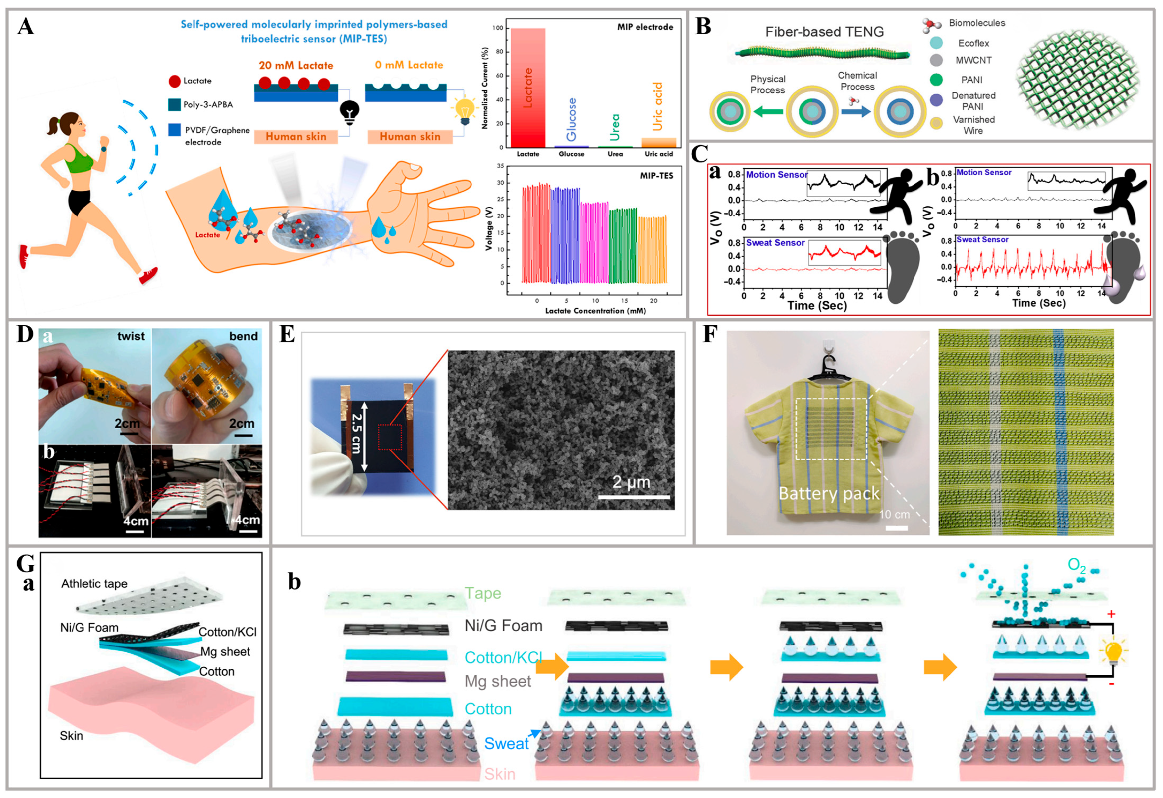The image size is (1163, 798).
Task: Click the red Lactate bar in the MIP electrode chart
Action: [528, 88]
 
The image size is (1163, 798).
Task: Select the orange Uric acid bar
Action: [659, 142]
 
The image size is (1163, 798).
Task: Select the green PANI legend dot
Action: [936, 80]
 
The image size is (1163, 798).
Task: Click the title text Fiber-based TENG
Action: [824, 32]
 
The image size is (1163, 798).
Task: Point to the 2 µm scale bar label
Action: [631, 482]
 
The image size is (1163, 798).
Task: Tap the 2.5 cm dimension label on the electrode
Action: [356, 433]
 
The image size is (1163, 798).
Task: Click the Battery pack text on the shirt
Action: [829, 494]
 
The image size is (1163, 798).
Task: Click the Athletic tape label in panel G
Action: [94, 584]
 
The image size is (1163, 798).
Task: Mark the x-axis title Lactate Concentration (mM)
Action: [595, 311]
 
